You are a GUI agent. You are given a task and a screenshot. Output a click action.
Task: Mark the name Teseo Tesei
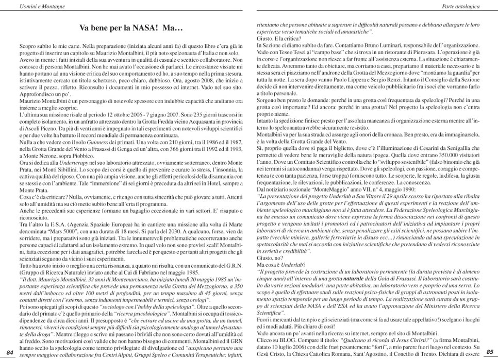coord(290,54)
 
